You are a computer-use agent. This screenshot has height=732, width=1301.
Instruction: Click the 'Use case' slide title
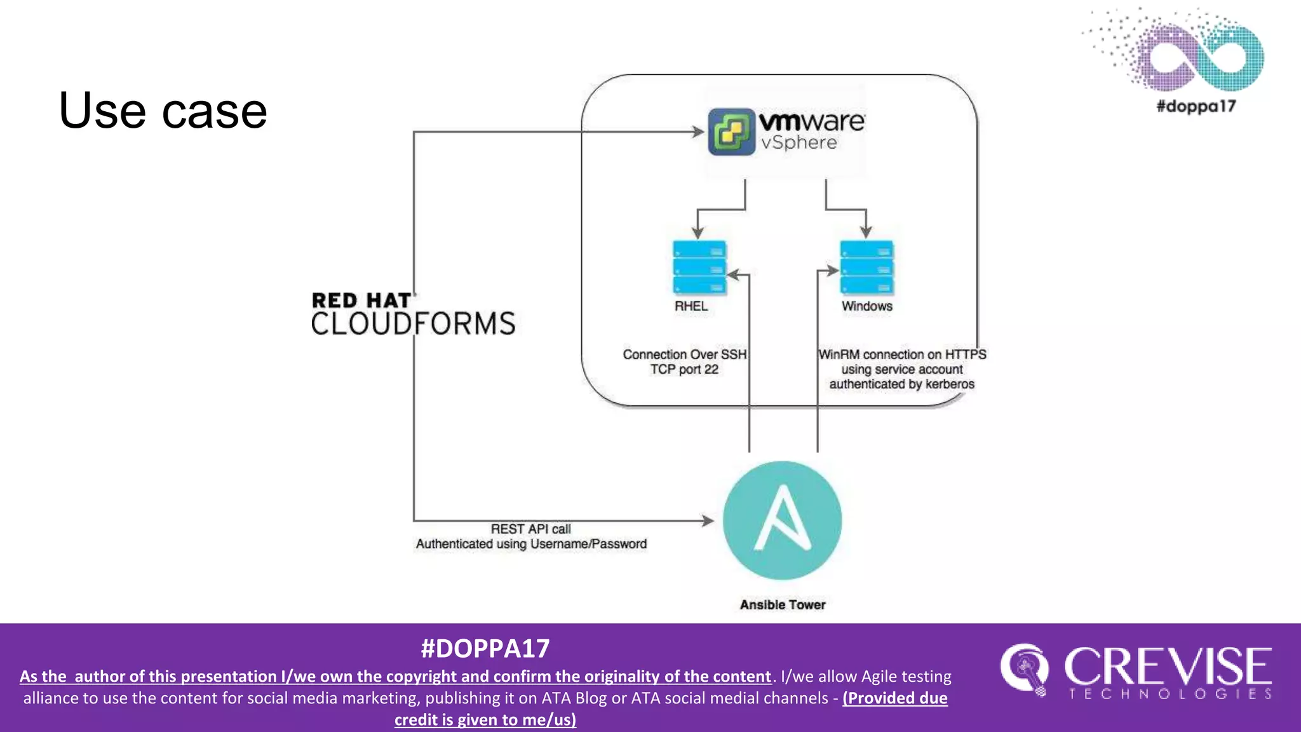[163, 111]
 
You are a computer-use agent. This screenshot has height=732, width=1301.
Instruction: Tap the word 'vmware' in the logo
[811, 121]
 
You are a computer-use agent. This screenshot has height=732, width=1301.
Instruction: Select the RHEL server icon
[699, 268]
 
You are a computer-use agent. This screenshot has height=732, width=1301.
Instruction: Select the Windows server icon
[866, 268]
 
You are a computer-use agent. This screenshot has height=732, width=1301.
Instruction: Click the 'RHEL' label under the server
[691, 306]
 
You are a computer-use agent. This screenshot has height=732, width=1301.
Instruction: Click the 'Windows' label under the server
[867, 306]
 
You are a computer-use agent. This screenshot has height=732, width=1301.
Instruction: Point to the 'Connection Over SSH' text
[684, 355]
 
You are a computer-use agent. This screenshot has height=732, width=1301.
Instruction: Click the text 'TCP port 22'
[684, 370]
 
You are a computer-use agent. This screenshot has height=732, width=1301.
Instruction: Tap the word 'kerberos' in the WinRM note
[950, 384]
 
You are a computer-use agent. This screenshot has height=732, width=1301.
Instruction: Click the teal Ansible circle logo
[782, 520]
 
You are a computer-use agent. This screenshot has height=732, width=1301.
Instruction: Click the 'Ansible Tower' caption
[783, 605]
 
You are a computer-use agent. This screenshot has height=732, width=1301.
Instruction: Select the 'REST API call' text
[530, 529]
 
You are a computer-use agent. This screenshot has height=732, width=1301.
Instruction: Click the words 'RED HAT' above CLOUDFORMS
[361, 301]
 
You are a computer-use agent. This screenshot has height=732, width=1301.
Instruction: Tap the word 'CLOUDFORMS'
[413, 324]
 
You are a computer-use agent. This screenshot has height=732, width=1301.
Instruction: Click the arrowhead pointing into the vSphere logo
[699, 132]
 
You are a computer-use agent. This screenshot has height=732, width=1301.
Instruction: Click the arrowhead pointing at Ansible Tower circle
[708, 521]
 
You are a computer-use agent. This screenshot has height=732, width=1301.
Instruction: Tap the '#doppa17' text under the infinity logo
[1196, 106]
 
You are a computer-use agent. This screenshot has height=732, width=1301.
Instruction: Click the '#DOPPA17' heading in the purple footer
[485, 649]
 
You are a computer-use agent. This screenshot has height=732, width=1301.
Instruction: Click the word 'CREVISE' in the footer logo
[1168, 667]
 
